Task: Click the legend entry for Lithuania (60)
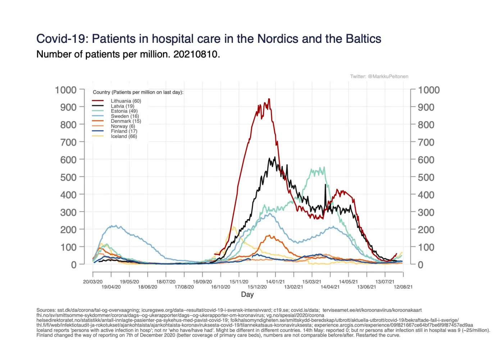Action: click(x=126, y=101)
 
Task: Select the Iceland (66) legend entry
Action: click(x=124, y=136)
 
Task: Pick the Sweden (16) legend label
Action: click(x=124, y=116)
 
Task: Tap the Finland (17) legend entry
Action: click(x=124, y=131)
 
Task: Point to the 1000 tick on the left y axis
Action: click(x=66, y=90)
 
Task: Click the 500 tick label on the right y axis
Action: click(x=426, y=177)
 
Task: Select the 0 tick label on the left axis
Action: click(x=74, y=265)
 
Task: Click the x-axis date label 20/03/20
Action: click(x=93, y=282)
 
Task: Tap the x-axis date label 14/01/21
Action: click(x=275, y=282)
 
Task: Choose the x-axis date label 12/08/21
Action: click(x=403, y=287)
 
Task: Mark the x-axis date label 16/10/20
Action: click(x=221, y=287)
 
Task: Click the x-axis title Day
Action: click(x=247, y=294)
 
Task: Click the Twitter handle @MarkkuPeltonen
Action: click(x=388, y=76)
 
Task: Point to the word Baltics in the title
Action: click(x=363, y=39)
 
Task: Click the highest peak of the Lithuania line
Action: click(x=269, y=99)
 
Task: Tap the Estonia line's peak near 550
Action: click(x=324, y=167)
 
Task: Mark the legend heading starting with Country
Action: click(x=138, y=92)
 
